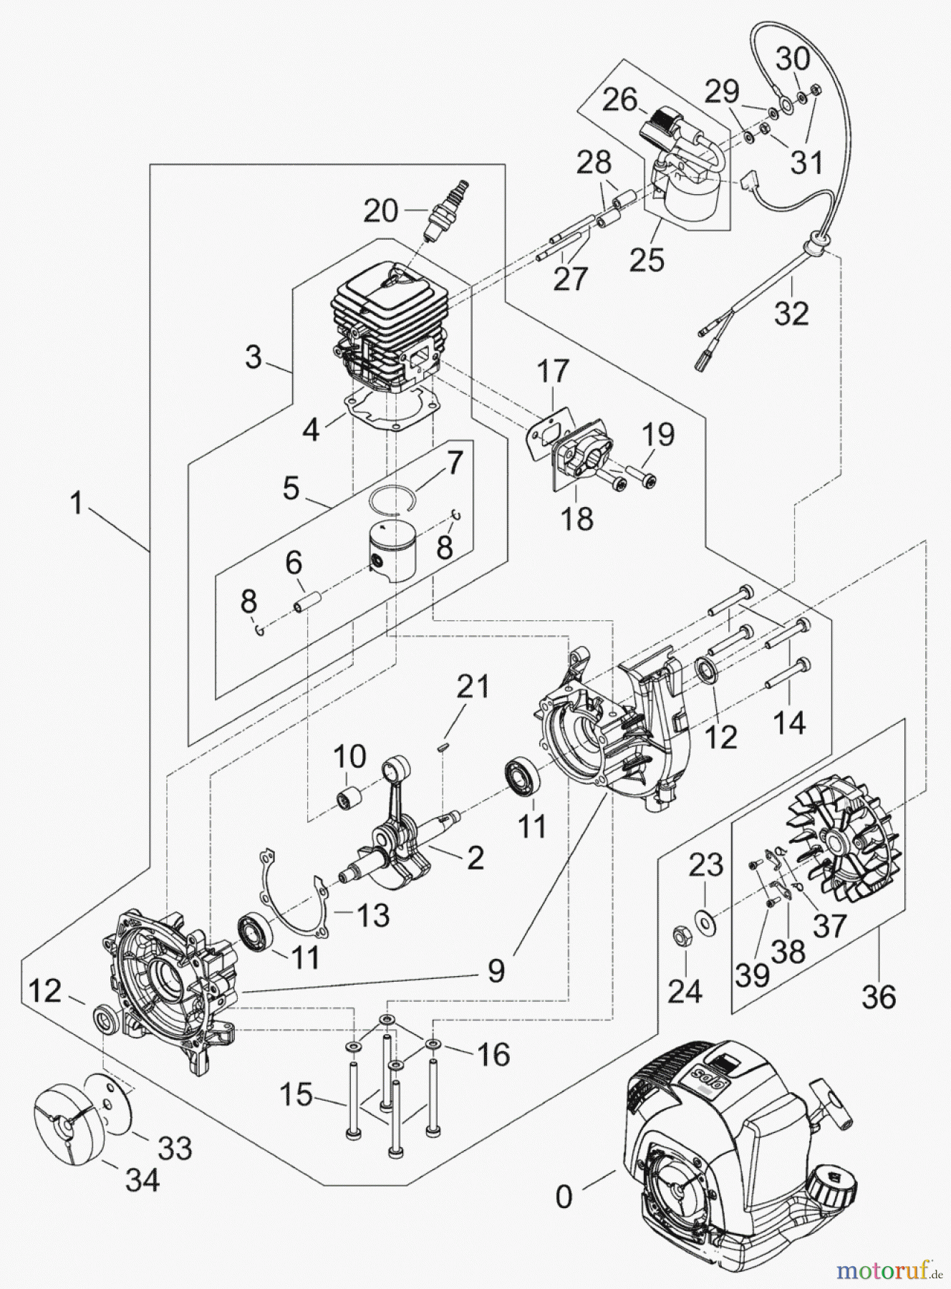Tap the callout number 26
619,100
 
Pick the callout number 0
564,1196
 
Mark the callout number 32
791,313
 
